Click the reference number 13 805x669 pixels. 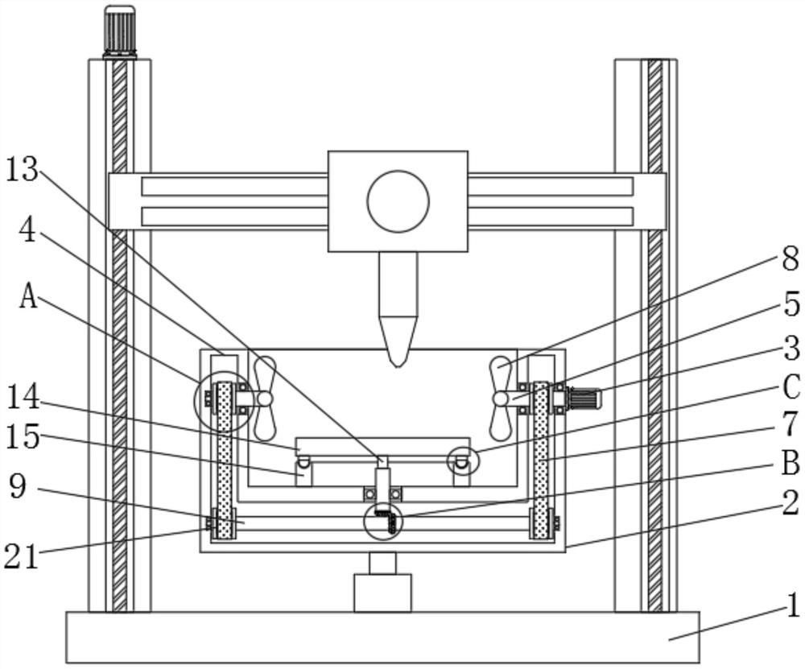point(22,170)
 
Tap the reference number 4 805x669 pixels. point(27,231)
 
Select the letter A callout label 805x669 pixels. point(29,297)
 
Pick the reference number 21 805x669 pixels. point(22,555)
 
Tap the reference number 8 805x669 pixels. point(790,259)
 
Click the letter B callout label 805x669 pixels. point(790,464)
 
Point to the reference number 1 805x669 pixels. point(792,605)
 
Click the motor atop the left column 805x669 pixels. point(119,31)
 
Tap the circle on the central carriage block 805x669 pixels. point(398,201)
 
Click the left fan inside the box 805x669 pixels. point(263,397)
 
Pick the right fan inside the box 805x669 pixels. point(501,397)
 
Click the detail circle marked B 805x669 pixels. point(382,522)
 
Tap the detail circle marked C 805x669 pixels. point(462,460)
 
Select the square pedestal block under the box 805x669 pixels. point(382,593)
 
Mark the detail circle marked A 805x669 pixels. point(222,398)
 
